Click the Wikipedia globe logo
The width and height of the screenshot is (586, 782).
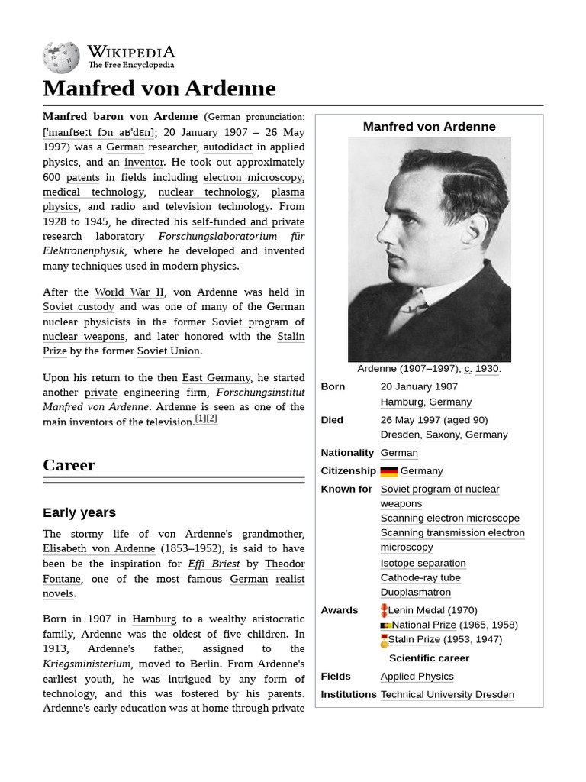61,57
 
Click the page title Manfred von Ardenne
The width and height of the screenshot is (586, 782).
159,89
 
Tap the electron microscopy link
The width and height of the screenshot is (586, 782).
253,177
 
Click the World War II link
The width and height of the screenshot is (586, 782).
129,292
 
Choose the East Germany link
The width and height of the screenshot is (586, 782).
216,377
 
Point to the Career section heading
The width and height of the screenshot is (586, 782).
69,465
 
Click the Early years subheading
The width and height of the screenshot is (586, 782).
79,512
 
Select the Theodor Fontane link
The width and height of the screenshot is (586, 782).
285,564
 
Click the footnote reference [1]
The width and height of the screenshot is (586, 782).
201,418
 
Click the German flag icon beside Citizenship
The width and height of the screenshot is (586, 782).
389,471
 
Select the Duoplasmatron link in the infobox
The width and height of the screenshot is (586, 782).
415,592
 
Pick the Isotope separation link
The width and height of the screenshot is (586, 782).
423,563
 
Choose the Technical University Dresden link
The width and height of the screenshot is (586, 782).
447,694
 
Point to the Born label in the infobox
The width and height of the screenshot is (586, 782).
333,386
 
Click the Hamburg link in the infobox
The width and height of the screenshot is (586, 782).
401,402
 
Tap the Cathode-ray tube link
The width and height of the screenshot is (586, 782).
420,577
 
